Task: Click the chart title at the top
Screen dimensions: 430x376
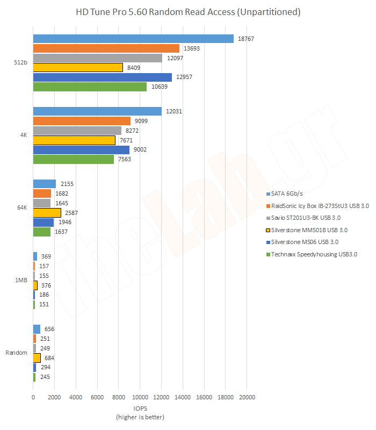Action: click(188, 11)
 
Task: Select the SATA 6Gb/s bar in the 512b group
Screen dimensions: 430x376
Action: click(133, 39)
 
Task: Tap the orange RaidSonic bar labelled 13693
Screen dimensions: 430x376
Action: click(106, 48)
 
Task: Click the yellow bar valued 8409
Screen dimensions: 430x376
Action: click(78, 68)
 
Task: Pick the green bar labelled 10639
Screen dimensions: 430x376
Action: click(90, 87)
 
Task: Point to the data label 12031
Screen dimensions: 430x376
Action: click(174, 111)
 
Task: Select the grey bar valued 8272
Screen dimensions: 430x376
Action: click(77, 131)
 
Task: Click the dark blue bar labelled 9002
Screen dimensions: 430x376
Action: click(81, 150)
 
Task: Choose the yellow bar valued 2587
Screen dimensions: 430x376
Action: click(47, 213)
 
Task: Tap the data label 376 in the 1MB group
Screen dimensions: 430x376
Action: click(46, 285)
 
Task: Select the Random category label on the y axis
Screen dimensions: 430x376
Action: click(17, 353)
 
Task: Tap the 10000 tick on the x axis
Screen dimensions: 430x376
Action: click(140, 397)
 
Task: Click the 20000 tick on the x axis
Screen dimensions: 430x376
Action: click(247, 397)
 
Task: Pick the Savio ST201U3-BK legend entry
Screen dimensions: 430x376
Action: click(307, 218)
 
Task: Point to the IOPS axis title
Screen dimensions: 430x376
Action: click(140, 408)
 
